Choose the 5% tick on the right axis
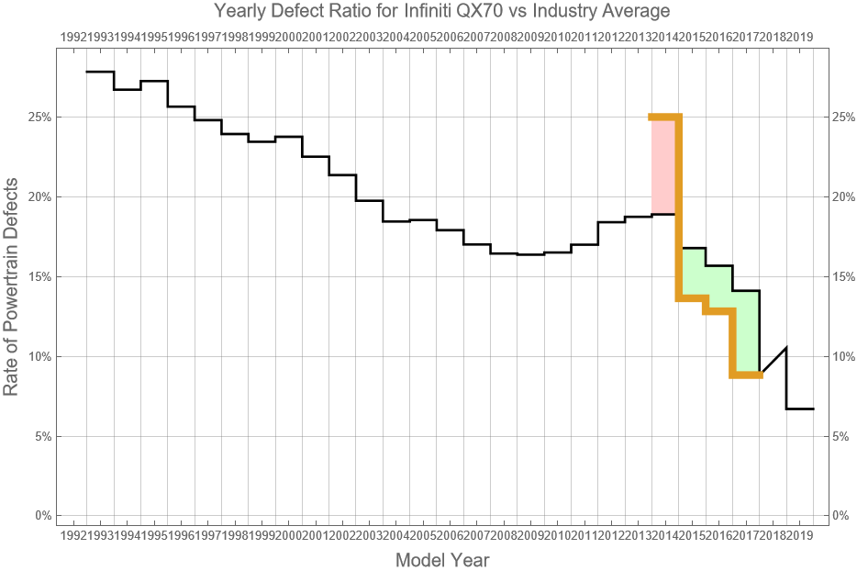[x=842, y=436]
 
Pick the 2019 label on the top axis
[x=800, y=37]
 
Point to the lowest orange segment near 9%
[x=746, y=375]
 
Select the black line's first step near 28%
[x=100, y=72]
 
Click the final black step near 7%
[x=800, y=409]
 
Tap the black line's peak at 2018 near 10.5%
[x=786, y=348]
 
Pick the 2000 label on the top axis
[x=288, y=37]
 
